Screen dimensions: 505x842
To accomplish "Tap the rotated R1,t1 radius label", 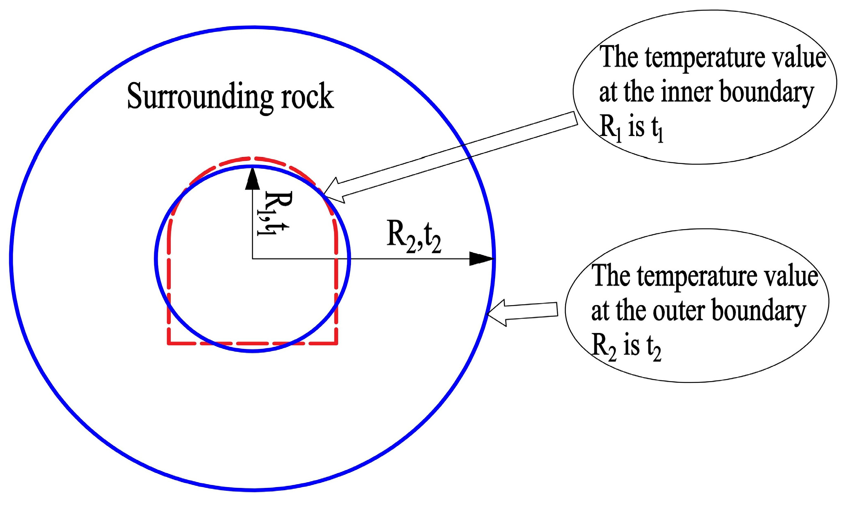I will [x=273, y=213].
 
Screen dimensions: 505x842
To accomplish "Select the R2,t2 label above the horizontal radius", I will [x=413, y=238].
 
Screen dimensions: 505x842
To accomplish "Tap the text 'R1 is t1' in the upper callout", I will [x=631, y=127].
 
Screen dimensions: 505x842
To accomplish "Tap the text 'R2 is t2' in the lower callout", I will [x=626, y=347].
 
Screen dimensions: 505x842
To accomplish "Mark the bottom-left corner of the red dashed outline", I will [x=169, y=343].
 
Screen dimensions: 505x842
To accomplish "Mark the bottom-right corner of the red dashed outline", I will [x=337, y=343].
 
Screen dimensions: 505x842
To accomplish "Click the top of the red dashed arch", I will [x=252, y=158].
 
